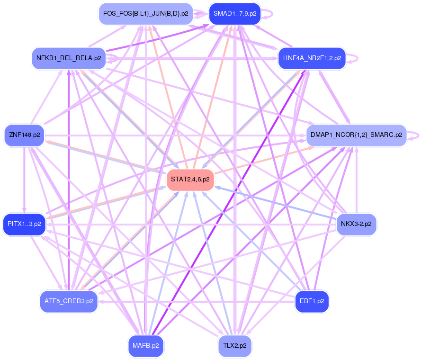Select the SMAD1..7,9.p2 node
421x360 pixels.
(x=235, y=14)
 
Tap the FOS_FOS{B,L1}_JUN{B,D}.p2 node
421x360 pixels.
(x=145, y=14)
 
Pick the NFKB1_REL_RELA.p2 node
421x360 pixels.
(x=69, y=58)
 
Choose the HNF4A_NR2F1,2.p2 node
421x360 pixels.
(x=312, y=58)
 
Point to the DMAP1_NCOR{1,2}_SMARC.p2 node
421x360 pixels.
(x=356, y=135)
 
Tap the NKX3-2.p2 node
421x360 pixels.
(x=356, y=224)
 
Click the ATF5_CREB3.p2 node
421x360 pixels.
(x=69, y=301)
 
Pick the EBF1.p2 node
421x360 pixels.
(x=312, y=301)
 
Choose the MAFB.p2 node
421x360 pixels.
(x=145, y=345)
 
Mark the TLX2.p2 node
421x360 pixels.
(x=235, y=345)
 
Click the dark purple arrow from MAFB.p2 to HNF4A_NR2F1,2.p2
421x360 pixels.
(x=227, y=204)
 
